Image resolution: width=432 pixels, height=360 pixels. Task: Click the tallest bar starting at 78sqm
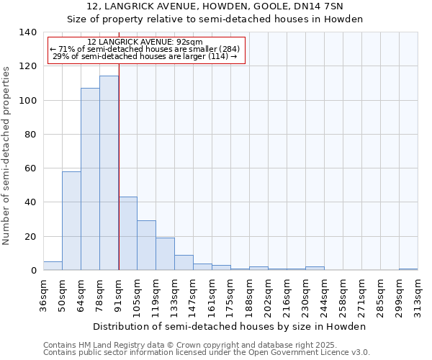pos(109,173)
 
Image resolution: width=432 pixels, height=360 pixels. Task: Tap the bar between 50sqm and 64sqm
pos(71,220)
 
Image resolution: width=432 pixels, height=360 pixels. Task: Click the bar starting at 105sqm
pos(146,245)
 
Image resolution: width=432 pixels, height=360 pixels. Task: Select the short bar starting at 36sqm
pos(53,266)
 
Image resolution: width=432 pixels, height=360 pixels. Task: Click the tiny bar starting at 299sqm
pos(408,269)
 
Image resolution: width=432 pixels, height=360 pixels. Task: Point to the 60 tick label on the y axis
pos(30,168)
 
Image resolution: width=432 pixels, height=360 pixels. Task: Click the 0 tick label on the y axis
pos(32,271)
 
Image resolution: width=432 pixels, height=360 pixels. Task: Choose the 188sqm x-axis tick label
pos(249,295)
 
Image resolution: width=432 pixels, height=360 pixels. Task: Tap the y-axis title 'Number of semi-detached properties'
pos(6,155)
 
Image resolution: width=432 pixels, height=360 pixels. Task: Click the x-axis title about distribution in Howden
pos(230,326)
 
